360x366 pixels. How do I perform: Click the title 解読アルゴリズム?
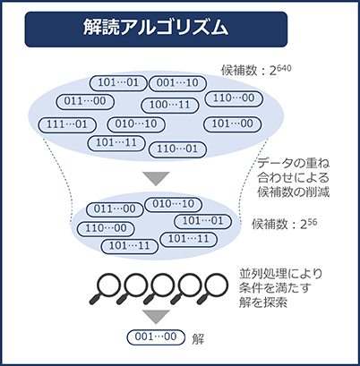click(156, 28)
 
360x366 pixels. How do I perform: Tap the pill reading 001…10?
click(177, 83)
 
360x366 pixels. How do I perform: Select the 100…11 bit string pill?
click(170, 105)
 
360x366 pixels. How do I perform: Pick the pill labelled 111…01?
click(67, 124)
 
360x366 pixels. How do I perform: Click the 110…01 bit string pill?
click(177, 149)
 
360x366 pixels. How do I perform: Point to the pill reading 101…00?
click(233, 124)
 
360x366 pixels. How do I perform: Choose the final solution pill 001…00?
click(156, 337)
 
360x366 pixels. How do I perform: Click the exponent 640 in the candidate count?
click(284, 68)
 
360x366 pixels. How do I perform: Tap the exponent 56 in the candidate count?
click(312, 222)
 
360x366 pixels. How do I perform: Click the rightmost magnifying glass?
click(212, 288)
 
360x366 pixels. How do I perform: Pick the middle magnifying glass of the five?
click(159, 288)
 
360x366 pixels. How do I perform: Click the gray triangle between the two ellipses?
click(156, 178)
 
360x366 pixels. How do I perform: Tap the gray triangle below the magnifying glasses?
click(156, 316)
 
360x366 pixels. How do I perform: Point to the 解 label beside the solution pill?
click(198, 339)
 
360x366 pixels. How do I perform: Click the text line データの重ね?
click(294, 164)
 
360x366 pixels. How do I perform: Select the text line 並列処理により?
click(280, 274)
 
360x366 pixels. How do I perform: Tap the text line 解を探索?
click(263, 302)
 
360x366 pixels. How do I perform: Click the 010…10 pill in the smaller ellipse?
click(174, 204)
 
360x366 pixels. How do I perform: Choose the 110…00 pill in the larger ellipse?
click(234, 98)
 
